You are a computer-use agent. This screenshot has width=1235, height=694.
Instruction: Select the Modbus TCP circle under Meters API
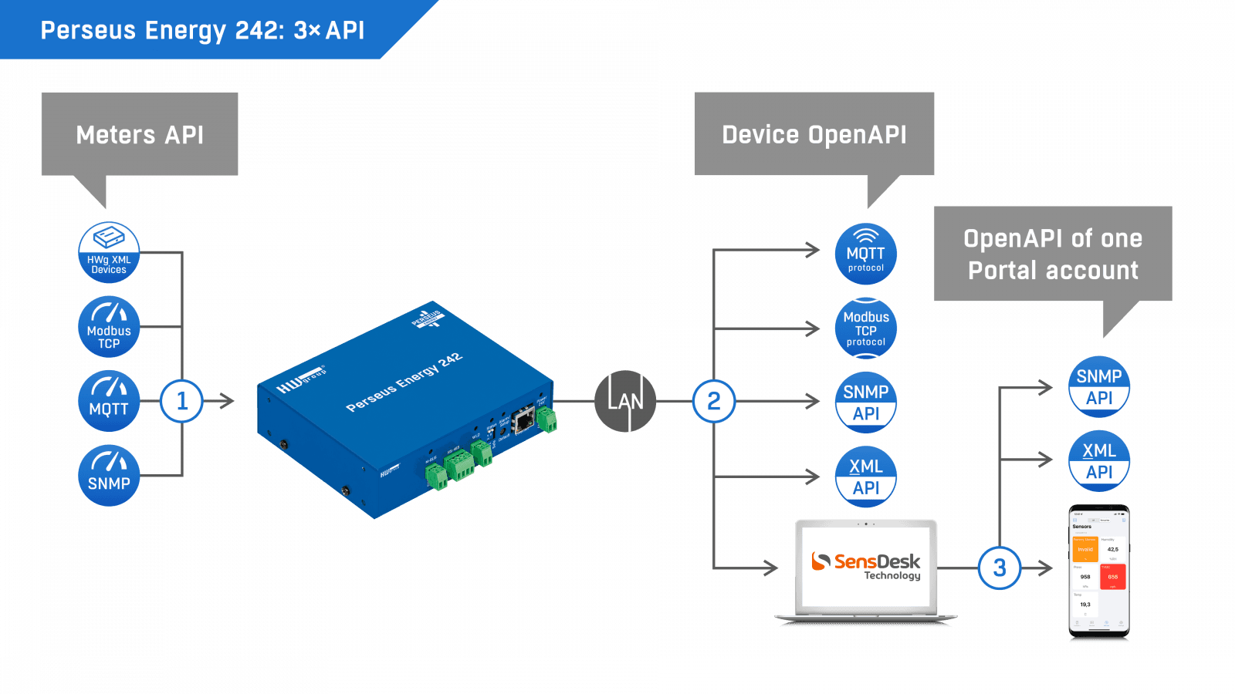point(109,327)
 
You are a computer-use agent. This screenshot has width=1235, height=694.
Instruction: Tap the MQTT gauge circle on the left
point(109,401)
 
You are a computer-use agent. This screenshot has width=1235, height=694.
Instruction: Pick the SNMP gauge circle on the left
point(109,476)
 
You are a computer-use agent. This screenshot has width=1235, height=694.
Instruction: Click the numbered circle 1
point(182,401)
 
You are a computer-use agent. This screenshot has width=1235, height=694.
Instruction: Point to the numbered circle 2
point(714,401)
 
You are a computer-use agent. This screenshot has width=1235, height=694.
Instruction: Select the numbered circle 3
point(1000,568)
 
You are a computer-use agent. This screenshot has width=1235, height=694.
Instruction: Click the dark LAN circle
point(625,401)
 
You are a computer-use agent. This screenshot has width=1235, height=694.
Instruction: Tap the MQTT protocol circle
point(866,254)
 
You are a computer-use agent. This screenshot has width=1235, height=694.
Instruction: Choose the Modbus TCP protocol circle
point(866,328)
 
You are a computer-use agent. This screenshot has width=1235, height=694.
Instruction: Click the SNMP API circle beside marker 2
point(866,402)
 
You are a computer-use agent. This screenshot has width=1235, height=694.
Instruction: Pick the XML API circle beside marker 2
point(866,477)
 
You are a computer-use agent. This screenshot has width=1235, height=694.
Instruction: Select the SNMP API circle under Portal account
point(1099,386)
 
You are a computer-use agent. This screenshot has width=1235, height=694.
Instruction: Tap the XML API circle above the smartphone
point(1099,461)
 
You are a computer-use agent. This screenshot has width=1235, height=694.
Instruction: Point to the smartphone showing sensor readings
point(1099,571)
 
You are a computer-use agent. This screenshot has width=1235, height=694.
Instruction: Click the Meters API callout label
point(140,135)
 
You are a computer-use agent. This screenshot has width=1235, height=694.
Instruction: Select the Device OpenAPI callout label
point(814,135)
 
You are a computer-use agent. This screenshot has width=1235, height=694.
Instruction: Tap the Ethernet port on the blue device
point(524,419)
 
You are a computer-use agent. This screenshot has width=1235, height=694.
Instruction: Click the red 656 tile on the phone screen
point(1112,577)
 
